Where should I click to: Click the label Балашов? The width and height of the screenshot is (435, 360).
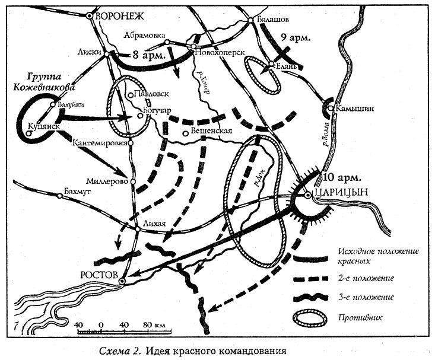click(x=274, y=20)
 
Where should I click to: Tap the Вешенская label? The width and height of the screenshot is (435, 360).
click(x=210, y=132)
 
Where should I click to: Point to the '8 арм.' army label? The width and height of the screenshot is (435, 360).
click(x=145, y=55)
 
